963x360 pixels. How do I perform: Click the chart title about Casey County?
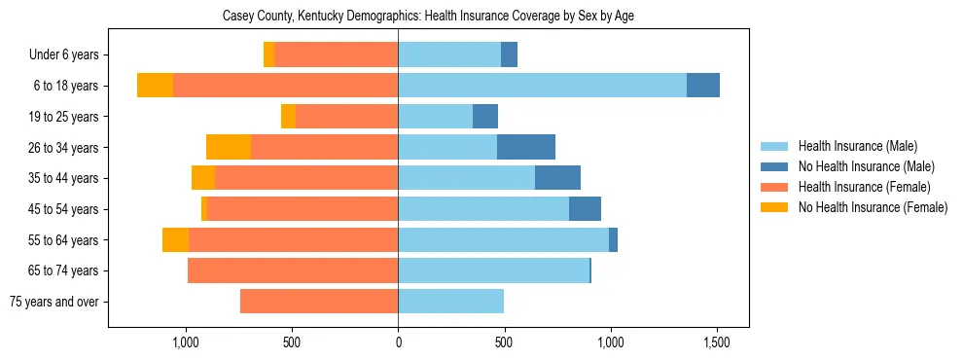point(428,17)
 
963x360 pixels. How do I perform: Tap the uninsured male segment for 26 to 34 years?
point(525,147)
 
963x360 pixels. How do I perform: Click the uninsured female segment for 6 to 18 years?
point(155,86)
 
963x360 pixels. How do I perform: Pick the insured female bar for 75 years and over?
point(319,302)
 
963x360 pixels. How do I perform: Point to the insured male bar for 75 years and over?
point(450,302)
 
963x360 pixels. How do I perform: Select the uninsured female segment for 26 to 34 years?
point(229,147)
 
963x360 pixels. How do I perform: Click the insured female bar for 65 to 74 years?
point(293,270)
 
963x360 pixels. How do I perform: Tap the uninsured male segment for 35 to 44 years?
point(557,178)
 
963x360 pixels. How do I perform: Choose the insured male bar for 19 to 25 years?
point(435,117)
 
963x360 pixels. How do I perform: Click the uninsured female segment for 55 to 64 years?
point(175,239)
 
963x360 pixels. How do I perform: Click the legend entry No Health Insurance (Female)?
point(872,207)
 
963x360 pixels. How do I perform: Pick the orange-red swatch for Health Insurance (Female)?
point(774,187)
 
